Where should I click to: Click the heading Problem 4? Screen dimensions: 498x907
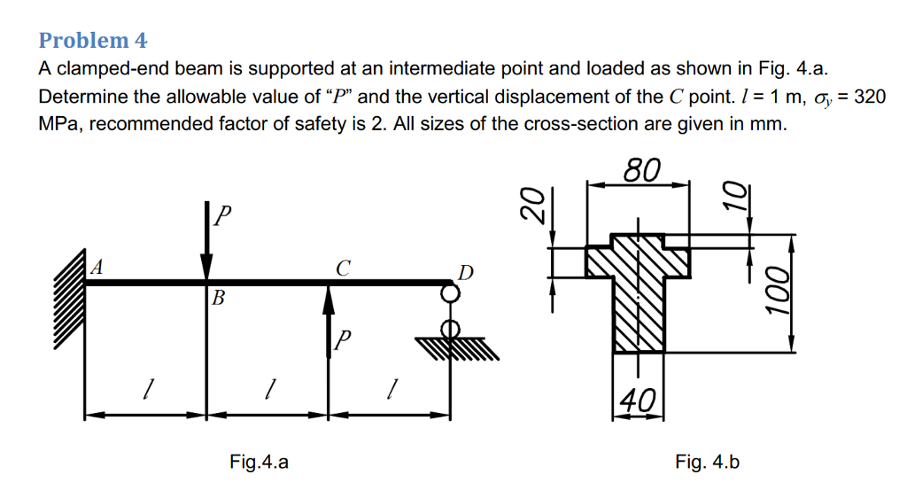click(x=93, y=41)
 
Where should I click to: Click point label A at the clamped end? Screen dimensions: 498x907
click(x=97, y=266)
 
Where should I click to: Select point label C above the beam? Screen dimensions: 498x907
click(x=343, y=266)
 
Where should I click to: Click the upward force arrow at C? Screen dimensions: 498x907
click(x=329, y=319)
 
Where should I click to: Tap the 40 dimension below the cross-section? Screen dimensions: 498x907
click(x=638, y=399)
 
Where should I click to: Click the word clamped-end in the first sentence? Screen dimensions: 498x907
click(x=111, y=69)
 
